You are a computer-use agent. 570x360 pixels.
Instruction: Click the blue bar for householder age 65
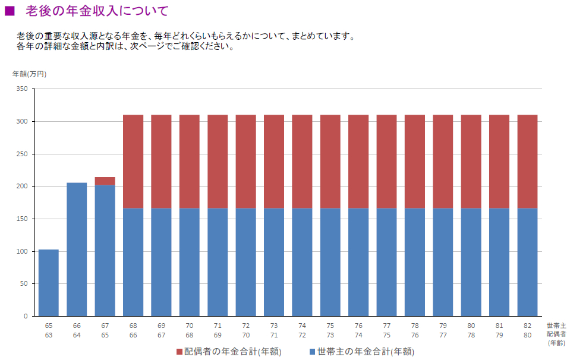[49, 283]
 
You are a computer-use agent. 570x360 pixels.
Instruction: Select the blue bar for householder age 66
[77, 250]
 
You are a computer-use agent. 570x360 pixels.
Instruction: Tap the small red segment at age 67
[105, 181]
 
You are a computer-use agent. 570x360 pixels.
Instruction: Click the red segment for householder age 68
[133, 161]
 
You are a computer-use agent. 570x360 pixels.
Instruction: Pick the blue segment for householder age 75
[330, 262]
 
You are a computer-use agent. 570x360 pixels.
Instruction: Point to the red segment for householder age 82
[527, 161]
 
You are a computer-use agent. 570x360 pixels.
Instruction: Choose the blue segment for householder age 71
[218, 262]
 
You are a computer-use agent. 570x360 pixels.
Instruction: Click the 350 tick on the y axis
[22, 89]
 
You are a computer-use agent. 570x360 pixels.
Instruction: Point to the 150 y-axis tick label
[22, 219]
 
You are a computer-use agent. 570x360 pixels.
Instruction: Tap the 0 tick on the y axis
[26, 317]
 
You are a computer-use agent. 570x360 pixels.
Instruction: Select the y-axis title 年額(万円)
[29, 74]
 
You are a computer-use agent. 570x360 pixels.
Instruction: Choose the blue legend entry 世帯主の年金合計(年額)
[361, 352]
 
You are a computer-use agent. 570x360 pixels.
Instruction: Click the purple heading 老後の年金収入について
[97, 11]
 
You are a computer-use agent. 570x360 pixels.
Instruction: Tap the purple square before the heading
[10, 11]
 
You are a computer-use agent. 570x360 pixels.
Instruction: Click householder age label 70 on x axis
[190, 326]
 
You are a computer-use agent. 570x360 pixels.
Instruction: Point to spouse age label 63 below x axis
[49, 334]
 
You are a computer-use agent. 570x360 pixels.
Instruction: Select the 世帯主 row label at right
[556, 326]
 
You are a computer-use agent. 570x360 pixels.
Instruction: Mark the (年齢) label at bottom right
[556, 343]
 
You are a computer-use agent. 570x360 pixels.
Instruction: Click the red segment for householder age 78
[415, 161]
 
